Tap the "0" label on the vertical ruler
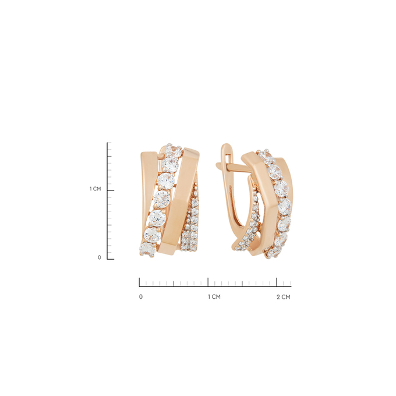100,257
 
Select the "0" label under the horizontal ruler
141,297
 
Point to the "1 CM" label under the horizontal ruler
214,297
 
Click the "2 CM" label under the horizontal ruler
283,297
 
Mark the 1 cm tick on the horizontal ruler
208,282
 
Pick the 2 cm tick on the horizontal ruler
277,282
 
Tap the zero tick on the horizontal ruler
139,282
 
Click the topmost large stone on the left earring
172,150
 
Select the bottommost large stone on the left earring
146,250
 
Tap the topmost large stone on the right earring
266,155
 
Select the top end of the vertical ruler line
108,143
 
